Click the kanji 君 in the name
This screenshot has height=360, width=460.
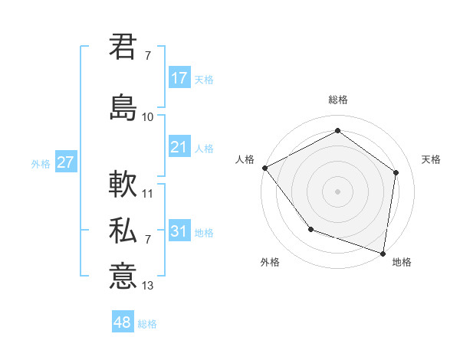[x=123, y=46]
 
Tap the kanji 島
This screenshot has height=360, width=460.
[x=123, y=106]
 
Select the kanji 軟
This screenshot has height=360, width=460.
[x=123, y=185]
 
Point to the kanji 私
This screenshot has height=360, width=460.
[x=123, y=231]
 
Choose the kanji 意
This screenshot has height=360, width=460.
[x=123, y=275]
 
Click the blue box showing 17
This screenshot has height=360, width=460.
[x=179, y=78]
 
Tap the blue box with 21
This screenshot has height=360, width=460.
[x=179, y=147]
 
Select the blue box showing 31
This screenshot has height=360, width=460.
[x=179, y=231]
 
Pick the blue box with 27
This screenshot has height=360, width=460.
[x=65, y=162]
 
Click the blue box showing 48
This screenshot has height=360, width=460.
[x=123, y=322]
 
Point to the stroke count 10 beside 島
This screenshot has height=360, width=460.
[x=148, y=117]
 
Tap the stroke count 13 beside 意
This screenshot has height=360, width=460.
[x=148, y=286]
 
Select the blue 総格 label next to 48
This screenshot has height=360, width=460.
[x=147, y=324]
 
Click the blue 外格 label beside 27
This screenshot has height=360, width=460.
[x=41, y=163]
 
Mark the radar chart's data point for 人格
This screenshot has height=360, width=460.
[x=264, y=167]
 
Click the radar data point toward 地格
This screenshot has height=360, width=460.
[x=382, y=253]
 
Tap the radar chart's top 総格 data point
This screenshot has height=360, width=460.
[x=337, y=130]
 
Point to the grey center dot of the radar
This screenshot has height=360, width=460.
[x=337, y=191]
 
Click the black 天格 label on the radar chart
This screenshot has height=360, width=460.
[x=431, y=159]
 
